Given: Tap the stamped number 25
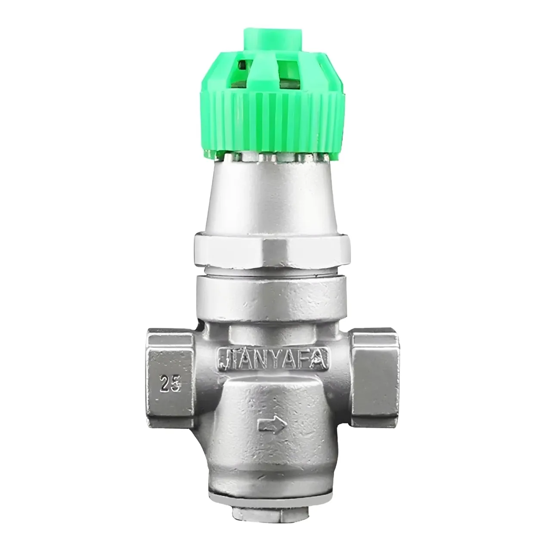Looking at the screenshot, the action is point(170,384).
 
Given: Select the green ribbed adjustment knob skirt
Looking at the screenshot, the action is point(272,123).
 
